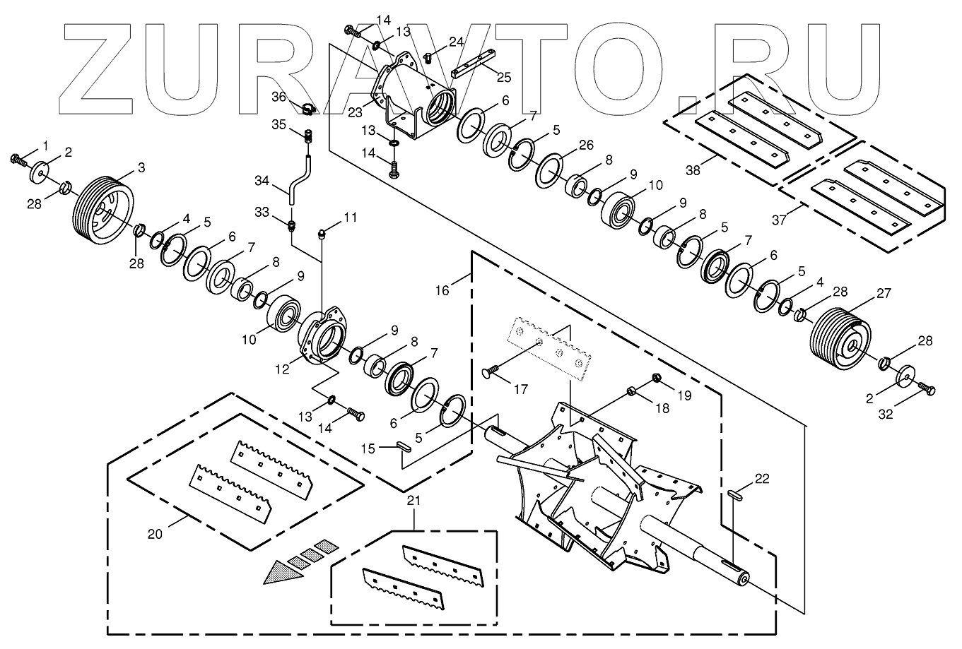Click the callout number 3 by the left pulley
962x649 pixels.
pyautogui.click(x=141, y=167)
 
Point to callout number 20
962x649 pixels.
pyautogui.click(x=155, y=534)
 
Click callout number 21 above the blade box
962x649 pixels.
pyautogui.click(x=414, y=501)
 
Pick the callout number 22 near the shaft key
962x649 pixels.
pyautogui.click(x=761, y=479)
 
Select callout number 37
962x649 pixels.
pyautogui.click(x=779, y=220)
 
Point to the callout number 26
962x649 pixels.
pyautogui.click(x=586, y=145)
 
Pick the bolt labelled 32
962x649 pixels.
pyautogui.click(x=927, y=391)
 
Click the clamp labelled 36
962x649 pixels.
pyautogui.click(x=307, y=109)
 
